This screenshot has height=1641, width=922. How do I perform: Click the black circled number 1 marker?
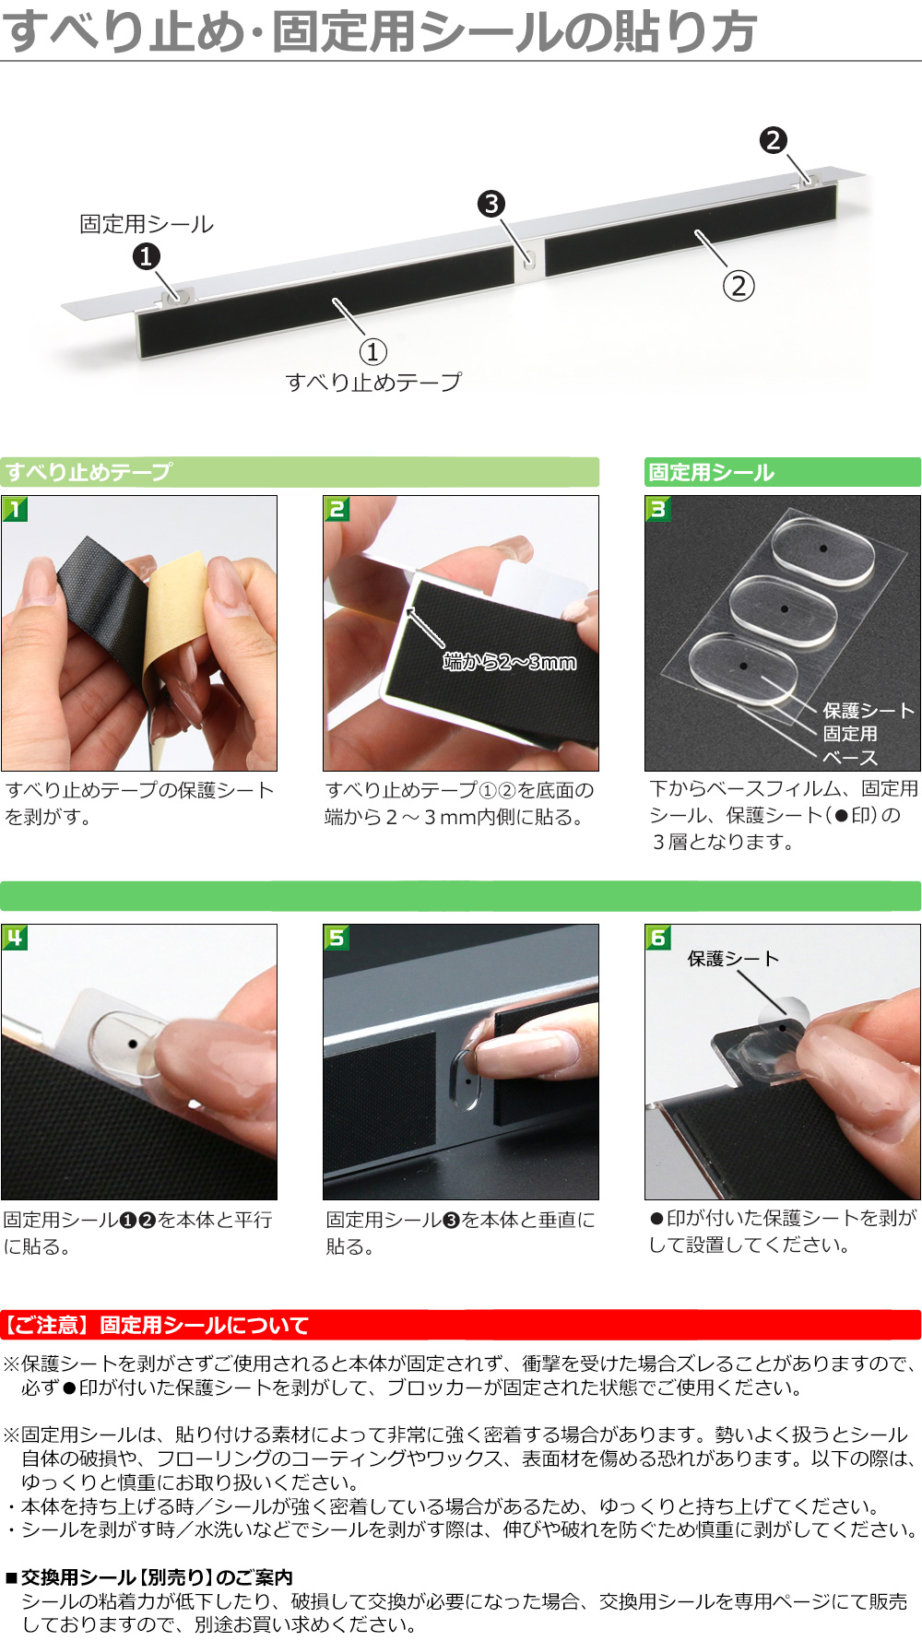146,256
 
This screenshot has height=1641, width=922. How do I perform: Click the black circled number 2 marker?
773,140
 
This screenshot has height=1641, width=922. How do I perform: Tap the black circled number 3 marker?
491,204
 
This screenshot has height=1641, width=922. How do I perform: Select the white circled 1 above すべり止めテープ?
372,351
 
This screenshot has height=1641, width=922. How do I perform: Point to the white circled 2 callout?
739,286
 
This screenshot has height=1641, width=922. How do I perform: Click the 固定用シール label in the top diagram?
147,224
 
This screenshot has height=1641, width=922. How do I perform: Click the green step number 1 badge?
15,509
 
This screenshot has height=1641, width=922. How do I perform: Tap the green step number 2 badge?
337,509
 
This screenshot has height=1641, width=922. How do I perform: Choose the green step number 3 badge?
658,509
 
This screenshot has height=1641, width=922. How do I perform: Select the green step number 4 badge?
15,938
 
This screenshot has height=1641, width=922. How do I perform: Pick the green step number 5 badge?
337,938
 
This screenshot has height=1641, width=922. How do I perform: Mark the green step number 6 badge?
658,938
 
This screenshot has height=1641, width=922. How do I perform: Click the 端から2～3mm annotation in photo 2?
510,661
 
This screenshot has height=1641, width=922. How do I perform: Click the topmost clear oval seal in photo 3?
822,549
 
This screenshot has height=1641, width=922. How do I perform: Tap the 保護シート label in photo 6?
733,959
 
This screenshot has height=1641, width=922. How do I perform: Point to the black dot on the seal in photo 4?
133,1045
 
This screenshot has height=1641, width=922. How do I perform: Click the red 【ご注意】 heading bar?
461,1325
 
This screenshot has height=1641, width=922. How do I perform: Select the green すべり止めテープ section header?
300,472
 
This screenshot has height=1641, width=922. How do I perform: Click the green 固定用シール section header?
783,472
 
